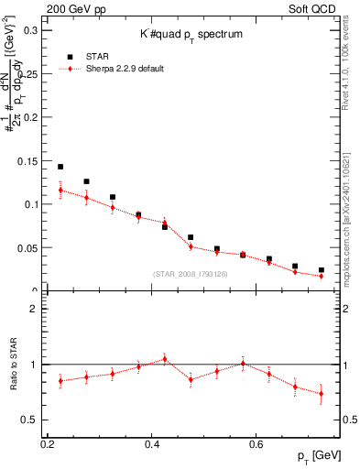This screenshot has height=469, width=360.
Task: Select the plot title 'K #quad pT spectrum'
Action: click(190, 34)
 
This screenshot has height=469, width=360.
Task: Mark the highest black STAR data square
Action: click(60, 167)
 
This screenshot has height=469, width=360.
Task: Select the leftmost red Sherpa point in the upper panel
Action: click(60, 191)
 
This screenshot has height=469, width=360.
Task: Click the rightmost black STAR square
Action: click(321, 270)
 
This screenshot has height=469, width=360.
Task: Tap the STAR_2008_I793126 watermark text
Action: click(190, 275)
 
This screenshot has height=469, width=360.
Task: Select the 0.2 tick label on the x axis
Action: click(49, 444)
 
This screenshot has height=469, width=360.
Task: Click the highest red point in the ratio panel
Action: click(165, 359)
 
